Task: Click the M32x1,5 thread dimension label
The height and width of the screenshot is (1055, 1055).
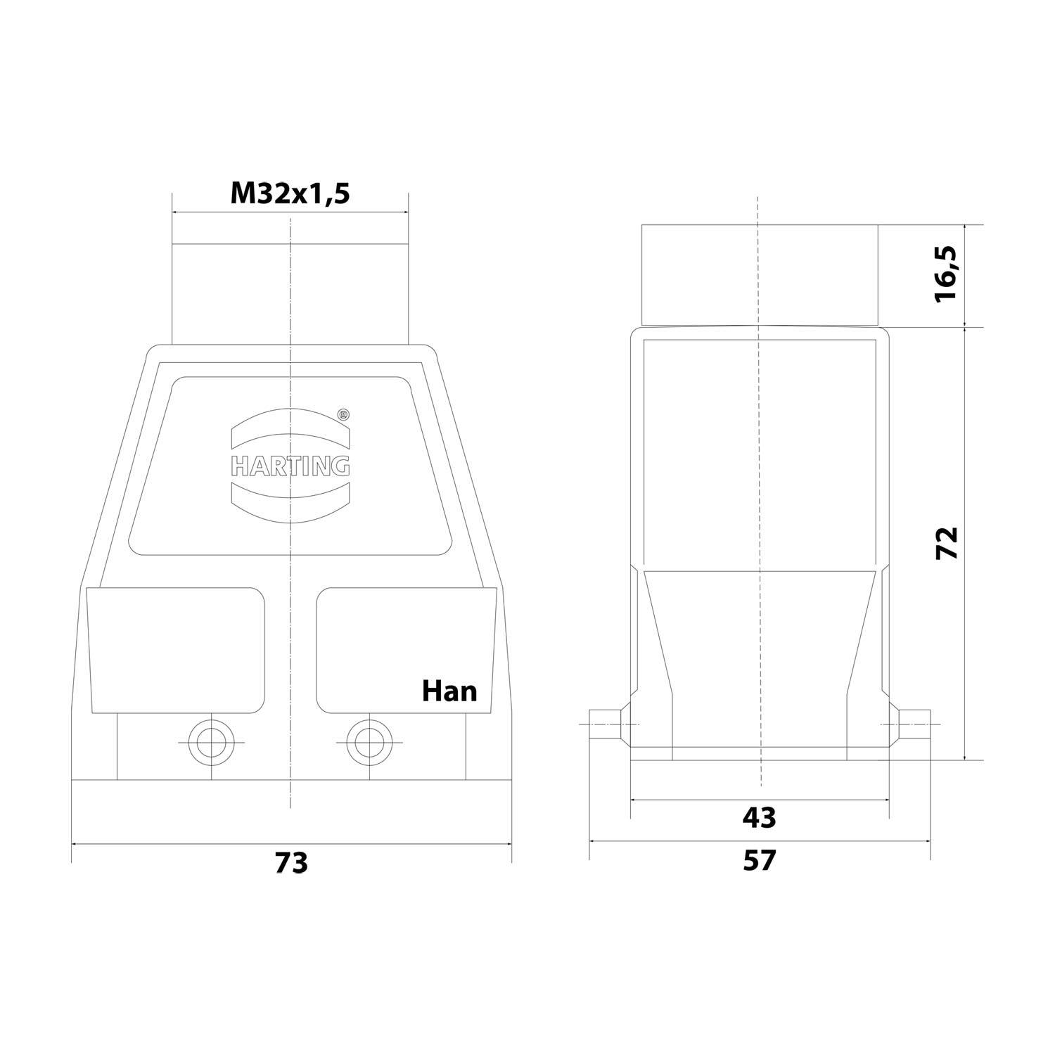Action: pyautogui.click(x=290, y=193)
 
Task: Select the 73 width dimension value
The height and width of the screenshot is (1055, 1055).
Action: pyautogui.click(x=291, y=862)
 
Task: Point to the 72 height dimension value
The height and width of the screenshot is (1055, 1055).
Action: pyautogui.click(x=947, y=542)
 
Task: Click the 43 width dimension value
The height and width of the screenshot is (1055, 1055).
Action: pyautogui.click(x=760, y=817)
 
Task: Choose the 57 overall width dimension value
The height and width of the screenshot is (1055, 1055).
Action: pyautogui.click(x=760, y=860)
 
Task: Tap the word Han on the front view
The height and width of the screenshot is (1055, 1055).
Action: pyautogui.click(x=449, y=691)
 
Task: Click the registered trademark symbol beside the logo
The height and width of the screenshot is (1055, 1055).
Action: pyautogui.click(x=343, y=415)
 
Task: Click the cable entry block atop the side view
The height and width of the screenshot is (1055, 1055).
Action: pyautogui.click(x=760, y=275)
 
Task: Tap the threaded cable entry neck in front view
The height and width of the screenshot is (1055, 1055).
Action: pyautogui.click(x=290, y=294)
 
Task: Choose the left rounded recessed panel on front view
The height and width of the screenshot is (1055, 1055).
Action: pyautogui.click(x=176, y=649)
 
